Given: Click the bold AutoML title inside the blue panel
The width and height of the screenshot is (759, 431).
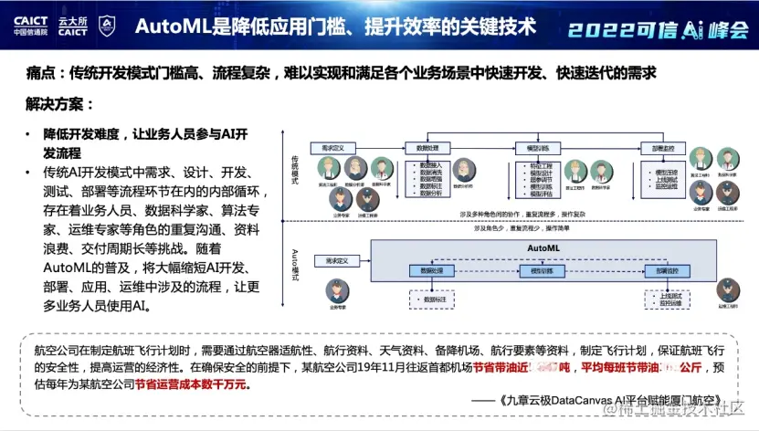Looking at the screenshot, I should tap(546, 247).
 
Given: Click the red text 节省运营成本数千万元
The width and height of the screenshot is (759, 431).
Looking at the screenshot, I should tap(191, 384).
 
